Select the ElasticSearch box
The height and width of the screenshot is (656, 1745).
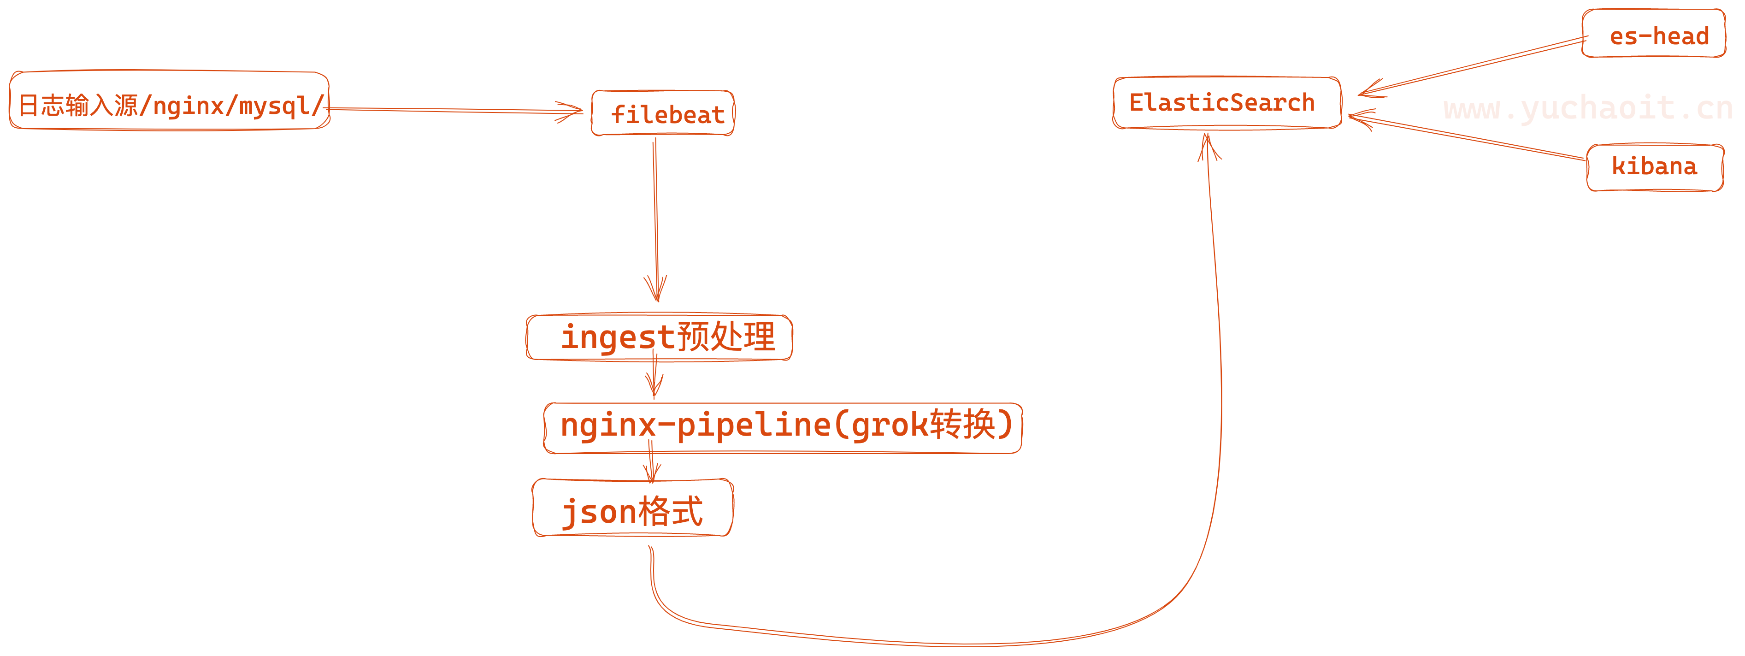(1226, 102)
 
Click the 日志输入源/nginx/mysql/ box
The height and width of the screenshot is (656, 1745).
(169, 102)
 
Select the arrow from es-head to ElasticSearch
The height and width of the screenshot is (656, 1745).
(1477, 66)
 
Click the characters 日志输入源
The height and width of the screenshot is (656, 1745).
(78, 106)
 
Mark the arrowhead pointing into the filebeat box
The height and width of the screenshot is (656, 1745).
(572, 111)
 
